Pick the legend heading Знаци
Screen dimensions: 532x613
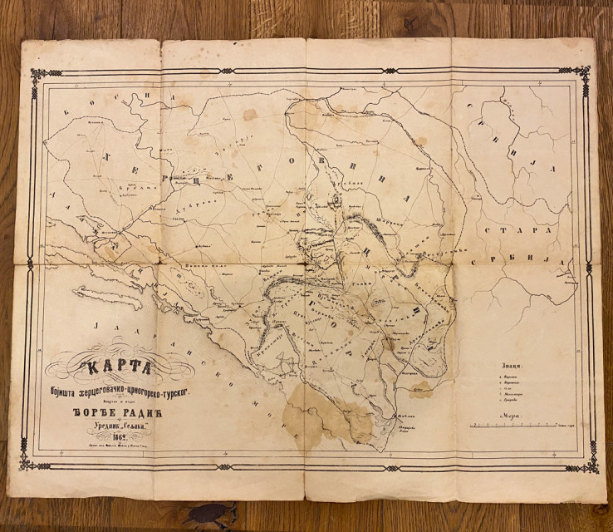click(512, 364)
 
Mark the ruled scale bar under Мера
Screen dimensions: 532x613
click(515, 426)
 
